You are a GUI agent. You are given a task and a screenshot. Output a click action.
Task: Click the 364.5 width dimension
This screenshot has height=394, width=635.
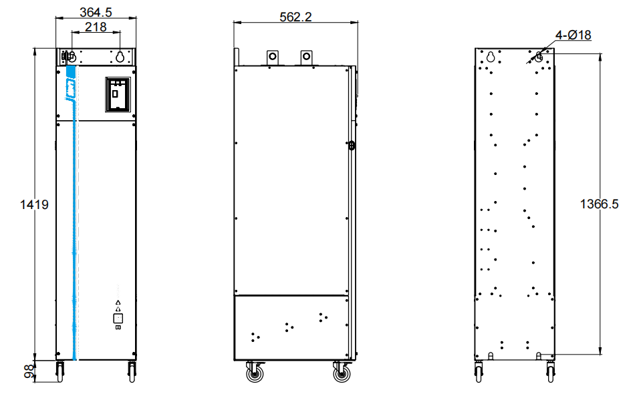(x=96, y=12)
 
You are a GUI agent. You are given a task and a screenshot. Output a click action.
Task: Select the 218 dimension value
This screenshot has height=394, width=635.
(x=96, y=27)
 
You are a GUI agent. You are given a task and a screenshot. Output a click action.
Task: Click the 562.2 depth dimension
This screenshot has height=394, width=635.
(x=295, y=17)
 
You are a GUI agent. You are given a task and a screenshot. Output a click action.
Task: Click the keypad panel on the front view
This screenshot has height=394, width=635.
(x=118, y=93)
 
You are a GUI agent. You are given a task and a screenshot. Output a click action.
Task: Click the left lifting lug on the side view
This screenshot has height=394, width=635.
(x=273, y=56)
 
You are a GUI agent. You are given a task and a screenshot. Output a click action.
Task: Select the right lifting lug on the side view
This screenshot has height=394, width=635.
(x=307, y=56)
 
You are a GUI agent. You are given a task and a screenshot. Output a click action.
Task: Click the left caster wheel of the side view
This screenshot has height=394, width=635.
(x=255, y=373)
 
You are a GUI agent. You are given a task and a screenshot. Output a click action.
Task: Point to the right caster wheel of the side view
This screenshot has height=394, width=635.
(x=342, y=373)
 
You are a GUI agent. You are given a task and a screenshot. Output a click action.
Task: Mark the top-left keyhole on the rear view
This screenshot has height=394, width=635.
(x=490, y=56)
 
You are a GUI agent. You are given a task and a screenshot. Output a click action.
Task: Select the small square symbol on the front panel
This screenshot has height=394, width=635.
(x=118, y=319)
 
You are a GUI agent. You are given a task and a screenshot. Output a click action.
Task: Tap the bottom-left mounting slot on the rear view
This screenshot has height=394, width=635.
(x=491, y=355)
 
